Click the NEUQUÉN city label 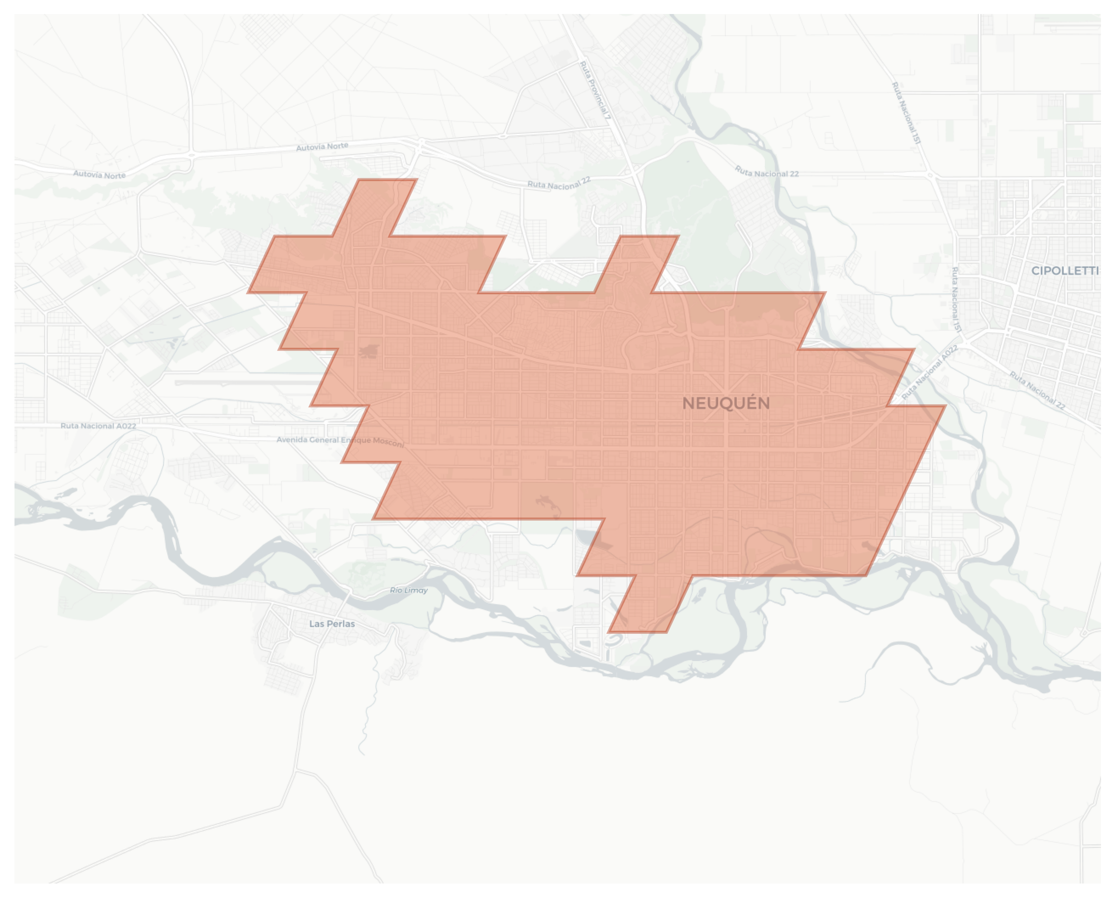pos(726,403)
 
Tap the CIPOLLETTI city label pos(1064,271)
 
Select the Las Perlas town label pos(332,624)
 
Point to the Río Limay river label pos(409,590)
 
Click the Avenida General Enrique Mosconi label pos(340,441)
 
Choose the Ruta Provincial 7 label pos(595,90)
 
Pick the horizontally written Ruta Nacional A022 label pos(98,426)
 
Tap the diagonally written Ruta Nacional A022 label pos(930,372)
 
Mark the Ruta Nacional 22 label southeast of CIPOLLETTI pos(1037,390)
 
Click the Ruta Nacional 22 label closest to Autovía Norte pos(559,183)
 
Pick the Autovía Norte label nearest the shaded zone pos(322,147)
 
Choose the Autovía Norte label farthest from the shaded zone pos(99,175)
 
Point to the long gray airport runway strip pos(248,383)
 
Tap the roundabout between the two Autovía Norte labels pos(192,154)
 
